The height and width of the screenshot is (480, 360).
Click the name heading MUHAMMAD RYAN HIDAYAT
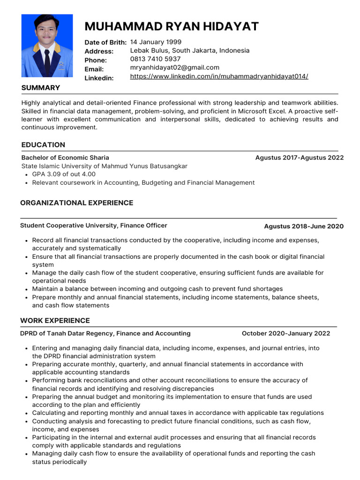point(171,26)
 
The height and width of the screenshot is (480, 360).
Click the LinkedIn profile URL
point(219,76)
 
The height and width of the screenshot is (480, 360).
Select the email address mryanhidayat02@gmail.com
point(174,67)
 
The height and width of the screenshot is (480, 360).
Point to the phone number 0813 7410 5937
point(155,59)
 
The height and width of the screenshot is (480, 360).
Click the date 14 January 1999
point(156,42)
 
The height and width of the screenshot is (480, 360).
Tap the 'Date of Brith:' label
point(105,43)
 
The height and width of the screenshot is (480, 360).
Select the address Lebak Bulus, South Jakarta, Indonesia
point(189,51)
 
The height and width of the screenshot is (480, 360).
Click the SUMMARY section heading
point(41,88)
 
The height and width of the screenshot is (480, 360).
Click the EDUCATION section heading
point(43,145)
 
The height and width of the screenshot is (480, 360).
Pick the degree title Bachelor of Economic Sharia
point(65,157)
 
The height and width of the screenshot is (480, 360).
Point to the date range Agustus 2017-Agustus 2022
point(299,157)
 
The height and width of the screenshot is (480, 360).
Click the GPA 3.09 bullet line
point(64,174)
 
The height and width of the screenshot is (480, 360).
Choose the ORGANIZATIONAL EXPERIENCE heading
point(77,203)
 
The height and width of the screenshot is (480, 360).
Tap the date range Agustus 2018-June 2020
point(303,226)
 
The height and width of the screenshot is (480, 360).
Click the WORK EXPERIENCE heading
point(55,321)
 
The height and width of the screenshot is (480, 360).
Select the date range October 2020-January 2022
point(285,333)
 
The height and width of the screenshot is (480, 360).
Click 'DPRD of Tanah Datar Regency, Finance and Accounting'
point(105,333)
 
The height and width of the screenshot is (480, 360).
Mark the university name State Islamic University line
point(104,166)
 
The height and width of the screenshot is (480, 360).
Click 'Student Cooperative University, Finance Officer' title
point(93,225)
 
